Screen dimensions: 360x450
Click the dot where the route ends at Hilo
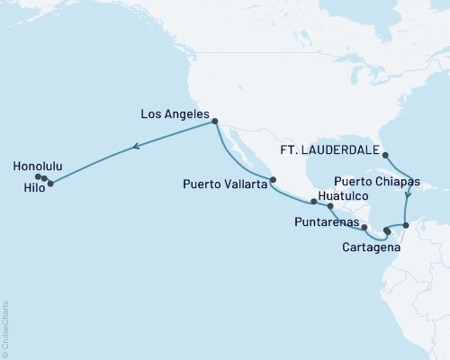pyautogui.click(x=50, y=184)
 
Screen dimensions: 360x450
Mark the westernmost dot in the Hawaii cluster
pyautogui.click(x=39, y=176)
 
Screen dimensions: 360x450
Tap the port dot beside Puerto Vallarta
pyautogui.click(x=273, y=178)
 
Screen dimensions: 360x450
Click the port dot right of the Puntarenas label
pyautogui.click(x=364, y=227)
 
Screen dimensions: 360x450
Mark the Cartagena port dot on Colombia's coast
pyautogui.click(x=405, y=225)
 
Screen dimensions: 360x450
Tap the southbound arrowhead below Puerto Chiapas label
pyautogui.click(x=409, y=193)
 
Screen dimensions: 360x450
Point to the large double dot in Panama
pyautogui.click(x=387, y=231)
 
